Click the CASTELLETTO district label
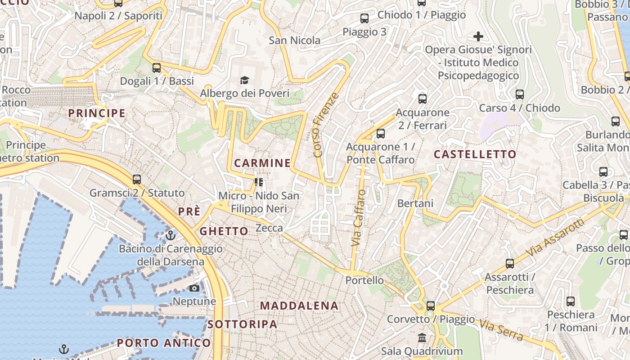[475, 154]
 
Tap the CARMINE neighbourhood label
[262, 163]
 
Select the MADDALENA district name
[299, 306]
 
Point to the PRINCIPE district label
[97, 113]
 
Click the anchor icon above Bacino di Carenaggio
[170, 235]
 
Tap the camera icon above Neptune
[194, 288]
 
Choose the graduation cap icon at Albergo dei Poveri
[244, 80]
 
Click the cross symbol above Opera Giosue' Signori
[478, 36]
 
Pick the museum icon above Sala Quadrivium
[422, 337]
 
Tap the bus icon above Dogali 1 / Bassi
[157, 68]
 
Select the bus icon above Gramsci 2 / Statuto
[137, 180]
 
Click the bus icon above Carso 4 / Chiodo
[520, 94]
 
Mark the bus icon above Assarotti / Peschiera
[510, 264]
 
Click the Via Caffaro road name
[359, 218]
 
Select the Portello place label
[364, 280]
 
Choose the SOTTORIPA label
[242, 324]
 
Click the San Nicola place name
[295, 40]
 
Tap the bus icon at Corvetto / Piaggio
[431, 306]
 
